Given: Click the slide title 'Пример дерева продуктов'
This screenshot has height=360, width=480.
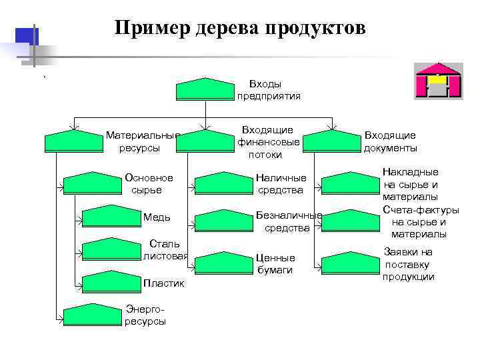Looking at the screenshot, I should click(239, 28).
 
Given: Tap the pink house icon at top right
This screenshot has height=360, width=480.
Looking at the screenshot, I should click(438, 81).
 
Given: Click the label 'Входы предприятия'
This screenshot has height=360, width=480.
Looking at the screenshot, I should click(267, 89).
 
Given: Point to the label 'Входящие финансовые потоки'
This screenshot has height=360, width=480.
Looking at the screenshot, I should click(267, 141).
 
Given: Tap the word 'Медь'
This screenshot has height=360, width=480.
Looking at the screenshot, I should click(157, 217).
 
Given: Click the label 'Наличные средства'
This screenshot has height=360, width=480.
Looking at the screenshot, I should click(281, 184).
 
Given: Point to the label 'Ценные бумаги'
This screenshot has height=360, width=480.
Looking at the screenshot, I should click(275, 263).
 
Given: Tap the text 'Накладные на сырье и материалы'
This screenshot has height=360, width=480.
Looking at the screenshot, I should click(410, 184).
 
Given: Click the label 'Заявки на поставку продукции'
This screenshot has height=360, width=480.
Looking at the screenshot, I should click(409, 264).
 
